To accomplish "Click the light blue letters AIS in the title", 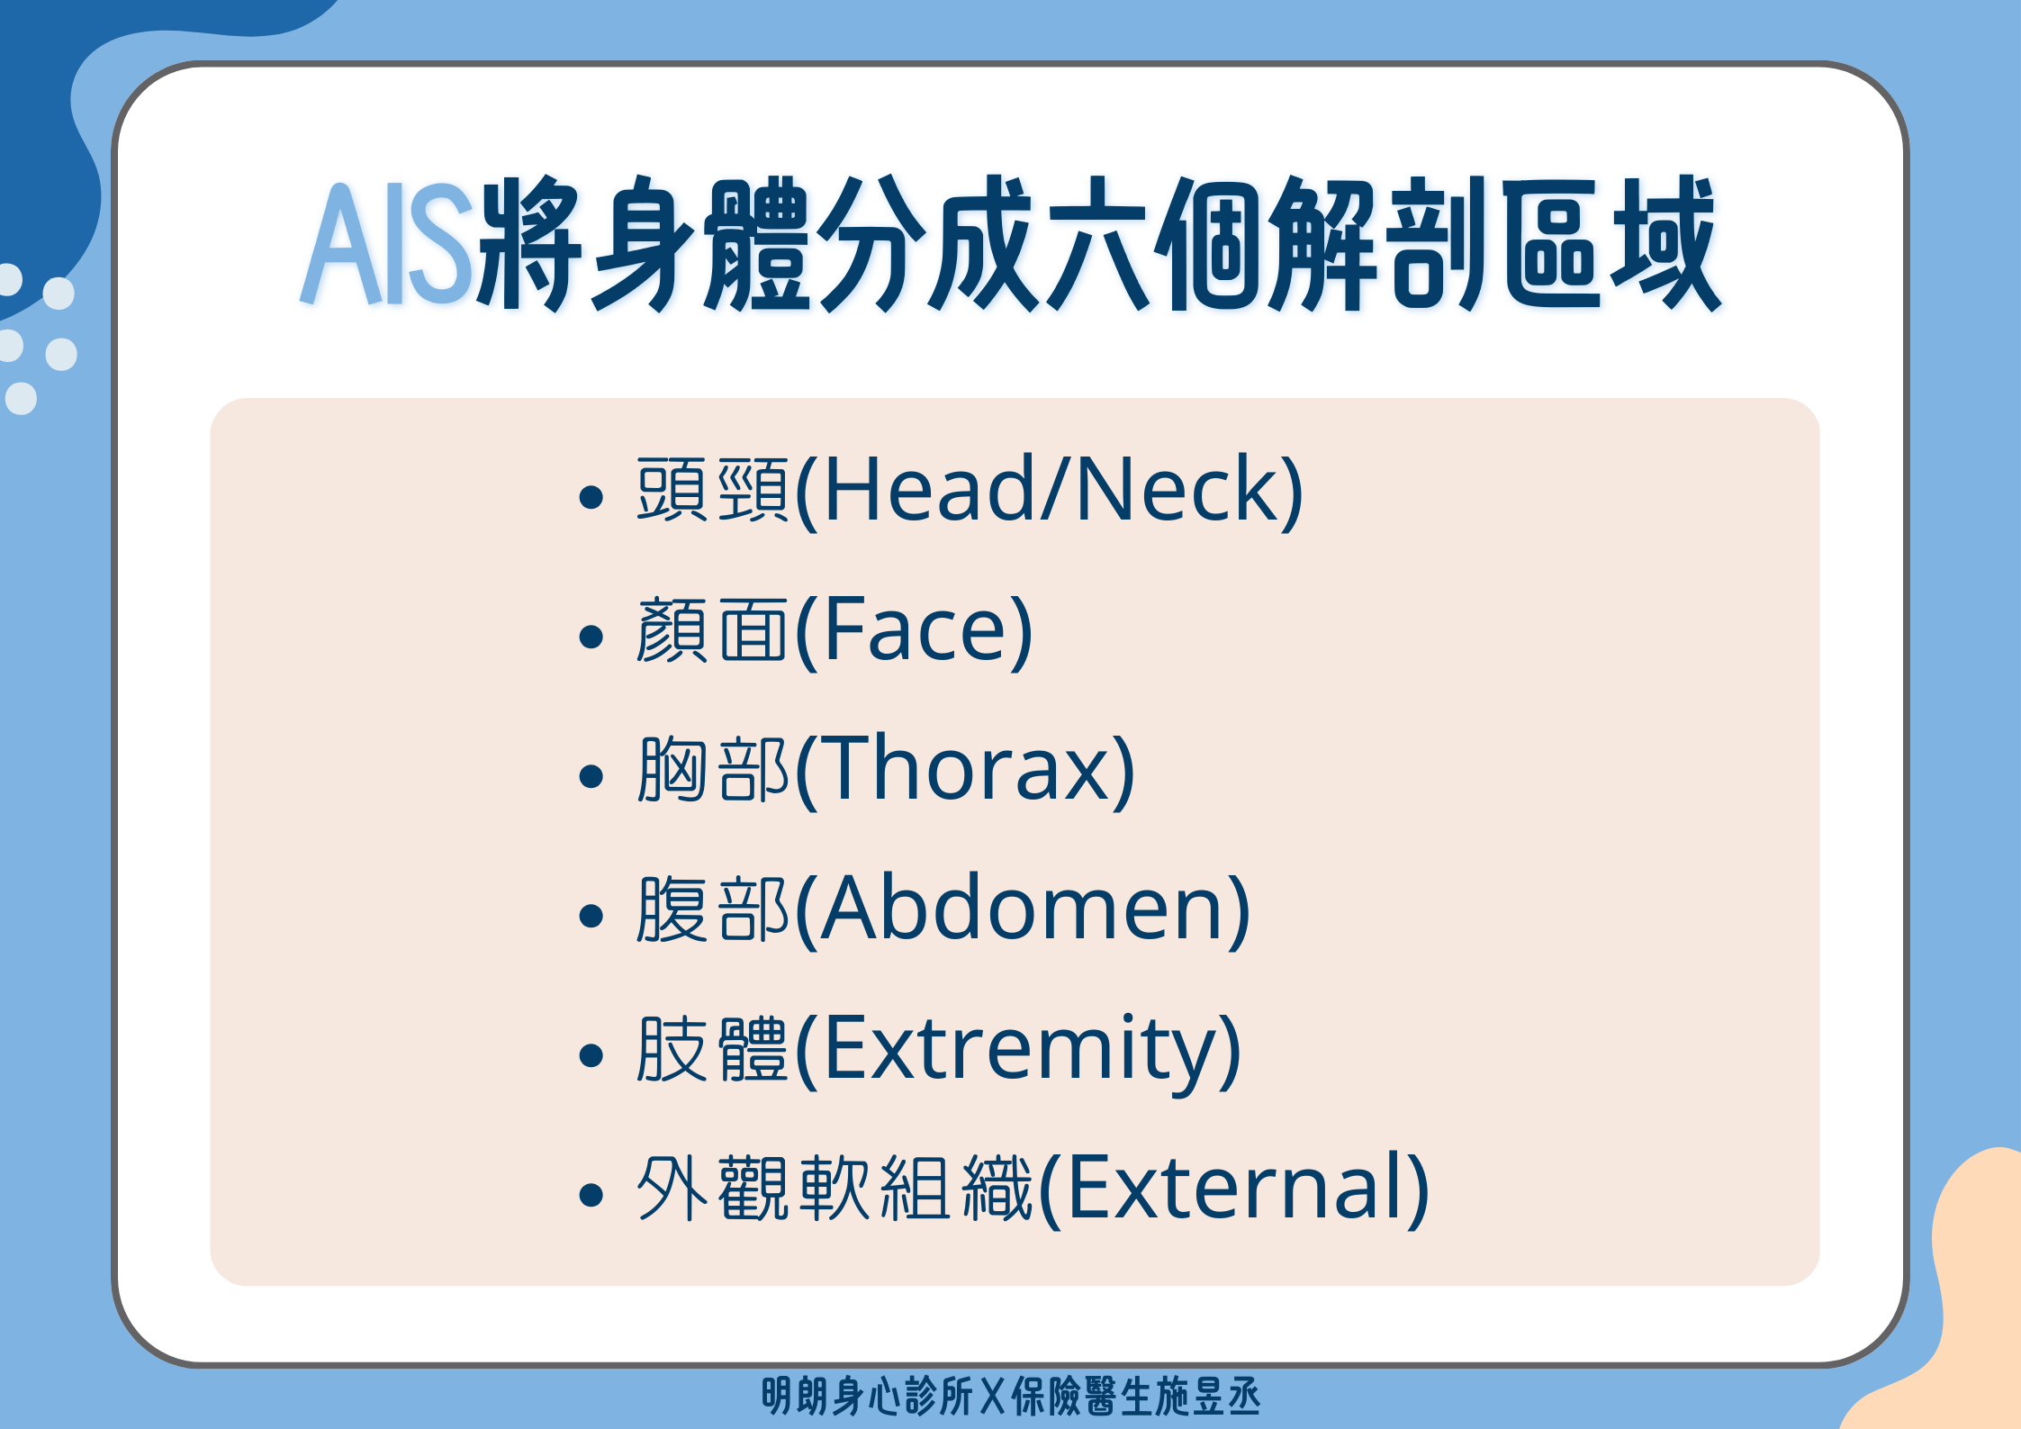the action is (x=388, y=243).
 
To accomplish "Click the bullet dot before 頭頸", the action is (x=591, y=496).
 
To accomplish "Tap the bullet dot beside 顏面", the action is (x=591, y=637).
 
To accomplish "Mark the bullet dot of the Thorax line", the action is (x=591, y=776).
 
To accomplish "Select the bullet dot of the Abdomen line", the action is (x=591, y=916).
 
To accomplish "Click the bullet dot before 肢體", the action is (x=591, y=1055).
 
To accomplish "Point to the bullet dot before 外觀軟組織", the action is (x=591, y=1195).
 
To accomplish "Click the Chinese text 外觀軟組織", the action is (x=835, y=1188).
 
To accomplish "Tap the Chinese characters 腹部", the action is (x=712, y=909).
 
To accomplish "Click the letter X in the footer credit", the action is (x=992, y=1397).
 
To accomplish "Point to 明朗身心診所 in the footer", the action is (x=867, y=1397).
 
